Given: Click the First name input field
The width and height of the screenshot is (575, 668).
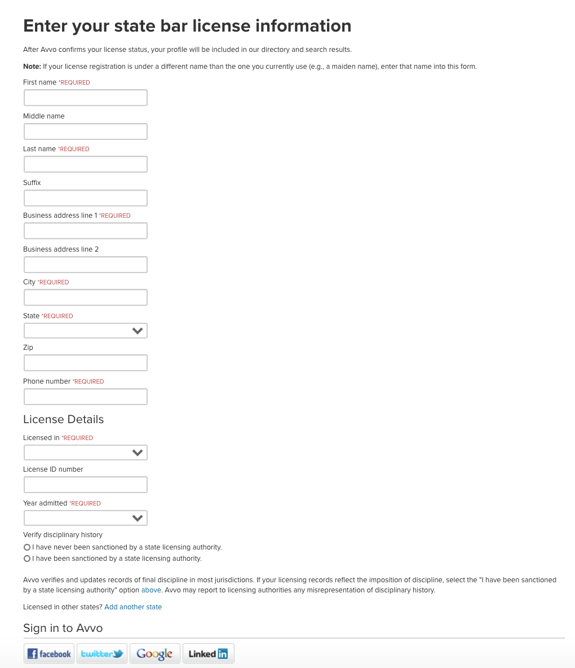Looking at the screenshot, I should click(x=85, y=98).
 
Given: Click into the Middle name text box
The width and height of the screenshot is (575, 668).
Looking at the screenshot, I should click(x=85, y=131).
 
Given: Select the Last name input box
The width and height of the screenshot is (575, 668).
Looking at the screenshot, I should click(x=85, y=164).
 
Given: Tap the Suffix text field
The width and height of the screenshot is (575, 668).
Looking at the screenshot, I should click(x=85, y=198).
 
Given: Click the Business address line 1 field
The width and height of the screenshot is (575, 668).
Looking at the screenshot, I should click(x=85, y=231).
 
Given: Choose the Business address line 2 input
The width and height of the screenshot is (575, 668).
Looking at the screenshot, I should click(x=85, y=265).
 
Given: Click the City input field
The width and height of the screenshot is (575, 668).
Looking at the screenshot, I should click(x=85, y=297).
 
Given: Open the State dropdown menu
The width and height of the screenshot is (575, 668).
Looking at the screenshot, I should click(x=85, y=331).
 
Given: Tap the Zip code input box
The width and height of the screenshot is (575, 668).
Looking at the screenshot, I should click(x=85, y=363).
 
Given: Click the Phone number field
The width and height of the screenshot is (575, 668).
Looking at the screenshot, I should click(x=85, y=397).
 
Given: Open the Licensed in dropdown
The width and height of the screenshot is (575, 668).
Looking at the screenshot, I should click(x=85, y=452).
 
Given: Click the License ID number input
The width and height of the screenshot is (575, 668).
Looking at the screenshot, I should click(x=85, y=485).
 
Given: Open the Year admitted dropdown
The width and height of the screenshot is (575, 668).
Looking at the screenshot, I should click(x=85, y=518).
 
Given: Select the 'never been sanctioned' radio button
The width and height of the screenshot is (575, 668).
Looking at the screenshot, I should click(x=27, y=547).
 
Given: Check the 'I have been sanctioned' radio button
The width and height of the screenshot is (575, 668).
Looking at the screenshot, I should click(x=27, y=559).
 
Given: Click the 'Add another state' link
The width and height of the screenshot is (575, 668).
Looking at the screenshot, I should click(x=133, y=607).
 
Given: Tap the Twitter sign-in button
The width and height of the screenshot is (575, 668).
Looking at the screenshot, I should click(x=102, y=653).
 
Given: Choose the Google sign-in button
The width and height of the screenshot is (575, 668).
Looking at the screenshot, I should click(x=154, y=653).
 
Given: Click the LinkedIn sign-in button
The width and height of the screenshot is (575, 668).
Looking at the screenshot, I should click(x=208, y=653).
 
